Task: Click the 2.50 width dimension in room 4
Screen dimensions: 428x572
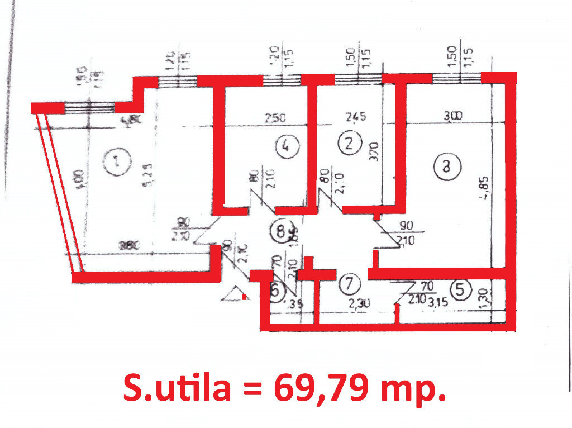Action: tap(275, 118)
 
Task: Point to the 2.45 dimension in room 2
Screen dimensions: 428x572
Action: tap(356, 117)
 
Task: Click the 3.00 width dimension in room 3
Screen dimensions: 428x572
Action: tap(453, 117)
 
